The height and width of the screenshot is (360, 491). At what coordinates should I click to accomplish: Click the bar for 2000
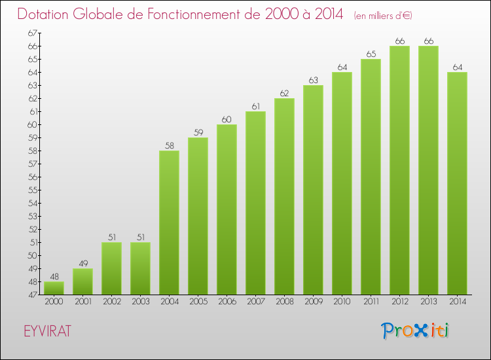pos(54,288)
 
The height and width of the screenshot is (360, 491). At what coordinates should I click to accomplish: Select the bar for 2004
pos(169,223)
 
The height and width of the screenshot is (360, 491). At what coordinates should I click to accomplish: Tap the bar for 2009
pos(313,190)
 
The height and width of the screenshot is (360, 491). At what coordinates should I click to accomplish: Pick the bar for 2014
pos(457,183)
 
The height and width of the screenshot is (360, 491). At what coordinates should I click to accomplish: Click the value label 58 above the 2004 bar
pos(169,145)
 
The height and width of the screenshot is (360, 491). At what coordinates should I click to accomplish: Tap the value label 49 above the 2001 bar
pos(82,263)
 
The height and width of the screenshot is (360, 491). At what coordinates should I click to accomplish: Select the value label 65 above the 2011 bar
pos(371,54)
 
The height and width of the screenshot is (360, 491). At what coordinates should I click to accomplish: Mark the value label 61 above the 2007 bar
pos(255,106)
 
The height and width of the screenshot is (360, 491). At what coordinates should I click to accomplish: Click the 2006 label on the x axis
pos(227,302)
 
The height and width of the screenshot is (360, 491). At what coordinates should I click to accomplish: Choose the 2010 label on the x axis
pos(342,302)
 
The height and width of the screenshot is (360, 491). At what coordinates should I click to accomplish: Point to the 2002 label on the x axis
pos(111,302)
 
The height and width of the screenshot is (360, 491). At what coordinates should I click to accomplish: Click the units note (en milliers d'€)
pos(383,15)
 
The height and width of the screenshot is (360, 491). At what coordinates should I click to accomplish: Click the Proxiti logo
pos(416,331)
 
